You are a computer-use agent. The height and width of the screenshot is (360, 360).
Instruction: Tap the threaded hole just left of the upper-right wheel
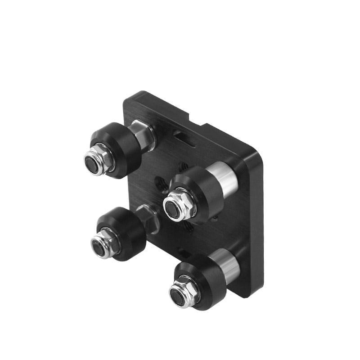click(x=160, y=182)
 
